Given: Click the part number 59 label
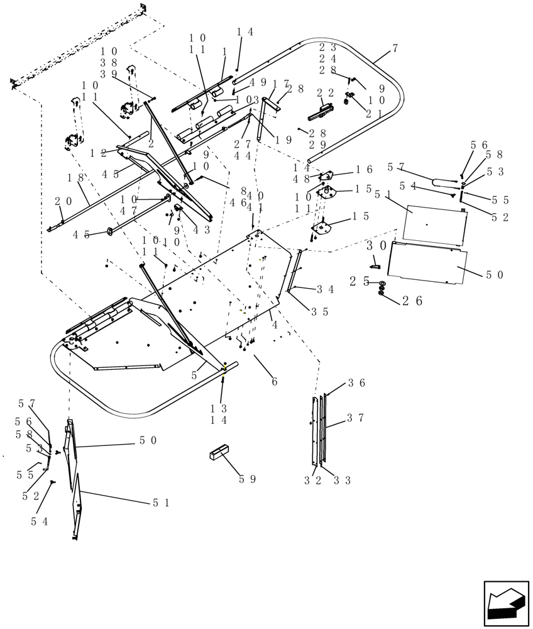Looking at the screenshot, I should click(248, 479).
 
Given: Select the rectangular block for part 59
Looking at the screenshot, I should click(220, 453).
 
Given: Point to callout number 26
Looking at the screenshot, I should click(412, 301).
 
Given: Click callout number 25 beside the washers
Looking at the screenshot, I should click(360, 282).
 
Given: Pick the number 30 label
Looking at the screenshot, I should click(376, 245).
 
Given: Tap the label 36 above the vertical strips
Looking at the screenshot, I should click(356, 382).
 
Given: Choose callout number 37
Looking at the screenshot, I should click(356, 418).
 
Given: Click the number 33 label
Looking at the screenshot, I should click(343, 481).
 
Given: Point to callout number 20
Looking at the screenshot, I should click(63, 201).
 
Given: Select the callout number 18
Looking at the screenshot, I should click(76, 179).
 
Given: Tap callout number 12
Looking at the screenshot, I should click(97, 153).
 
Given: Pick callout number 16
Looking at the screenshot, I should click(365, 169).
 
